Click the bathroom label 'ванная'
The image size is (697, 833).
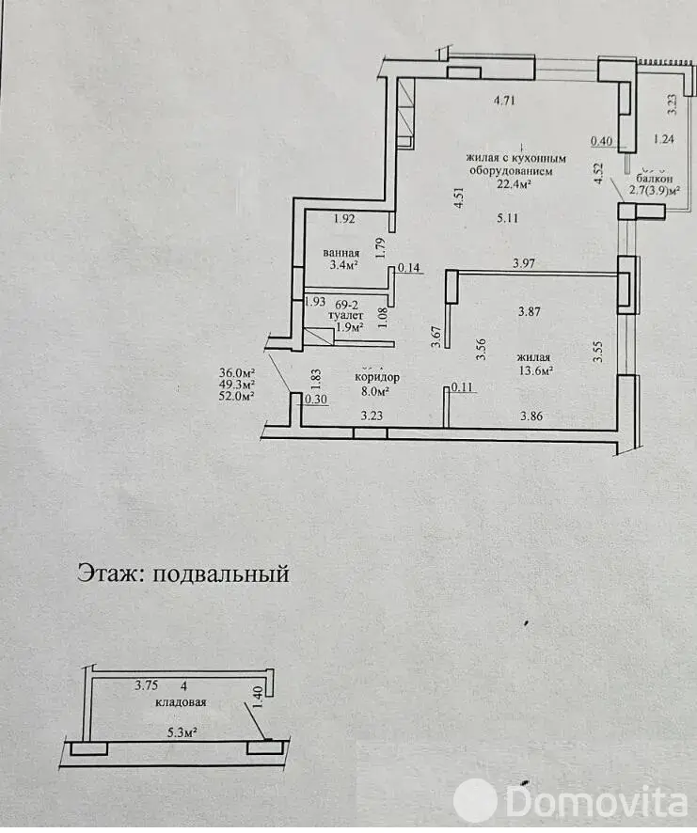[x=339, y=253]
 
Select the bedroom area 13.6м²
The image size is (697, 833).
[x=534, y=369]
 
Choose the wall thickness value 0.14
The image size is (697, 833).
[x=409, y=268]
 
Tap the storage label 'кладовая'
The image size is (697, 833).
[x=182, y=701]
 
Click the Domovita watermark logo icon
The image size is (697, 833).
[x=475, y=802]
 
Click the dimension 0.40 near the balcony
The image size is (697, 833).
[x=601, y=142]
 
